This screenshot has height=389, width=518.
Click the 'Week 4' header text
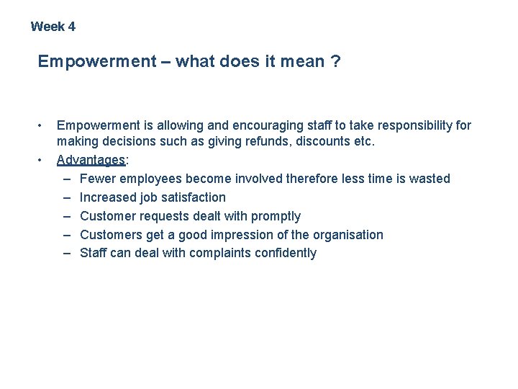coord(53,27)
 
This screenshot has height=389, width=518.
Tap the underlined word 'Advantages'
coord(90,160)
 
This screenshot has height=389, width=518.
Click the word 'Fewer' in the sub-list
coord(96,179)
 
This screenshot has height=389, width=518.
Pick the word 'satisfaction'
coord(192,197)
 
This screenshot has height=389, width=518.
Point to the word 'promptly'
coord(276,216)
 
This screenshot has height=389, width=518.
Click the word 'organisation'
coord(347,235)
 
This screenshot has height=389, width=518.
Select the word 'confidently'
coord(286,253)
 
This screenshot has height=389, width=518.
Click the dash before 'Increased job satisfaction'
coord(67,197)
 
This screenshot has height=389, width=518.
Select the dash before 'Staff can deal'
coord(67,253)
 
